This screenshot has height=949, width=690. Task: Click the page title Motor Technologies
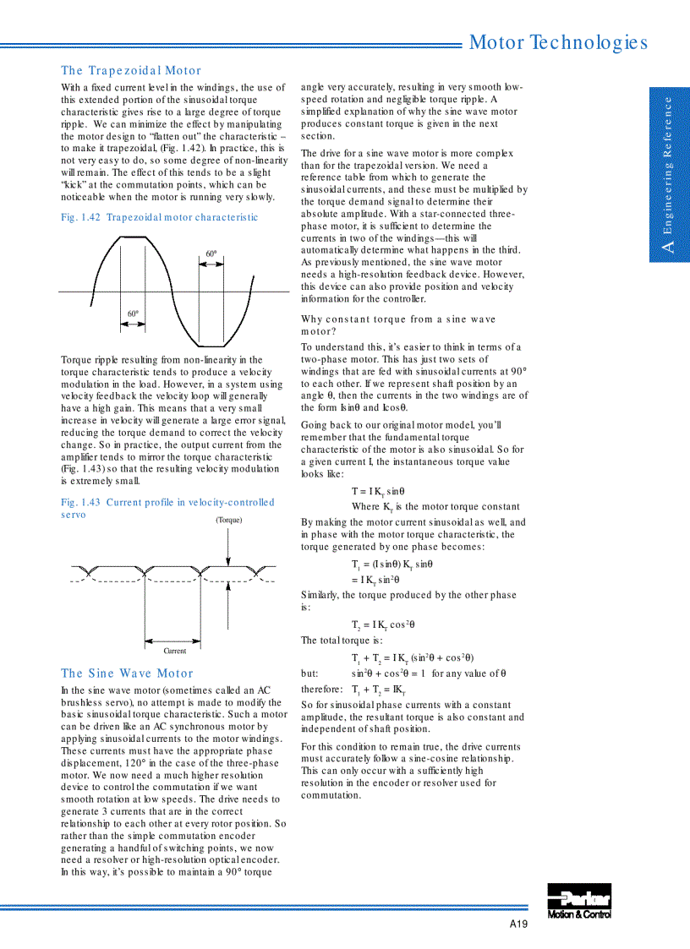click(x=558, y=42)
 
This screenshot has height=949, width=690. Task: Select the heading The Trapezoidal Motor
click(x=131, y=71)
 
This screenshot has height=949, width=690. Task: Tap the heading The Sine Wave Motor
click(x=127, y=674)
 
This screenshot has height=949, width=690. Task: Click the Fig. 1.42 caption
click(x=159, y=218)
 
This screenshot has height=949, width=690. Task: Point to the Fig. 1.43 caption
click(x=167, y=502)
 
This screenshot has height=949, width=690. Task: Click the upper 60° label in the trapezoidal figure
click(x=211, y=254)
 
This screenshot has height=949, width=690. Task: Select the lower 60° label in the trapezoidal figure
click(x=133, y=314)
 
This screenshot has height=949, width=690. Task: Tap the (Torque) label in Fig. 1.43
click(x=228, y=520)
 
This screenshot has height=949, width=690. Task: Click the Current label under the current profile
click(x=175, y=651)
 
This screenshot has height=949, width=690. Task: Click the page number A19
click(x=518, y=924)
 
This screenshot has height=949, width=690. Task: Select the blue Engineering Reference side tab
click(x=669, y=174)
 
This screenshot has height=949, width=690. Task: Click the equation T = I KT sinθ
click(x=378, y=491)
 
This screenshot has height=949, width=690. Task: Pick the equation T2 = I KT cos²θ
click(x=383, y=625)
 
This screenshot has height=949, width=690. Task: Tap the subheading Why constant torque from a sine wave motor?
click(x=397, y=325)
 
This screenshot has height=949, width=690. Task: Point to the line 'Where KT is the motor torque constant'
click(x=435, y=507)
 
